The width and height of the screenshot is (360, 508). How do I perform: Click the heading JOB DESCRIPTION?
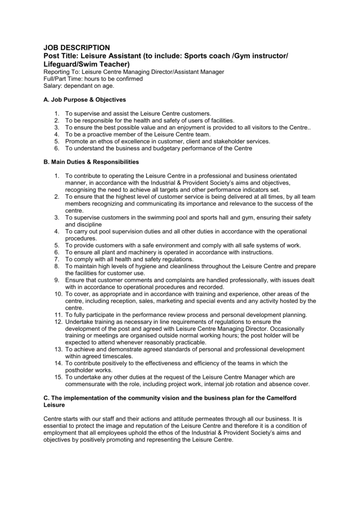77,48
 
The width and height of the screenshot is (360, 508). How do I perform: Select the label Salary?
53,86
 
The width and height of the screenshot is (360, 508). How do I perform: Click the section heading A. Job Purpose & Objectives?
85,100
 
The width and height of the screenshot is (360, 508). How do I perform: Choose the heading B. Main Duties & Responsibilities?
91,162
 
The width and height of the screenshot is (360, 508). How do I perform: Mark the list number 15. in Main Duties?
58,377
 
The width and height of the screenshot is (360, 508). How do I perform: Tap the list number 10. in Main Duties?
58,294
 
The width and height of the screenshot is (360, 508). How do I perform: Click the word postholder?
81,370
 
